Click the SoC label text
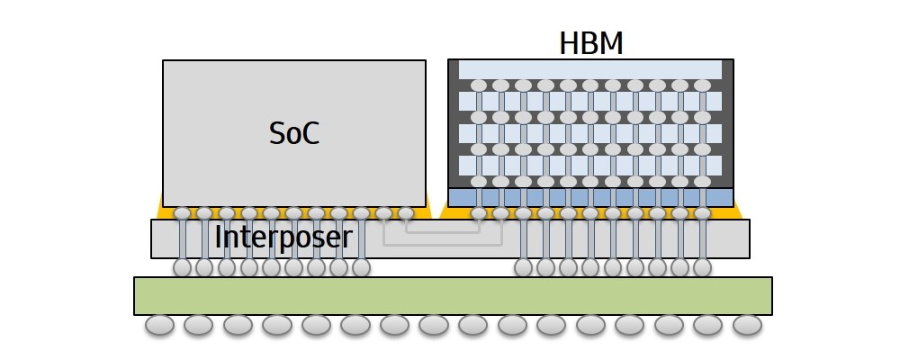click(x=294, y=133)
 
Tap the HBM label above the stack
click(x=591, y=43)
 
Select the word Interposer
click(x=283, y=238)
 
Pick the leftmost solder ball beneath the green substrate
click(x=159, y=325)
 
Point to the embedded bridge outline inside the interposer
click(x=443, y=233)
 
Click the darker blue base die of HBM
click(x=590, y=197)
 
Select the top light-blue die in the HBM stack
click(x=590, y=69)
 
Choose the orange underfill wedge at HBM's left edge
click(x=445, y=212)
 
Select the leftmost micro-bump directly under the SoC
click(x=183, y=214)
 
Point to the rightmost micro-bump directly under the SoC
click(x=406, y=214)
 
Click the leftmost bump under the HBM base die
click(x=479, y=214)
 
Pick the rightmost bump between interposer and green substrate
click(x=702, y=267)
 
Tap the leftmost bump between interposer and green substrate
click(x=183, y=267)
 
